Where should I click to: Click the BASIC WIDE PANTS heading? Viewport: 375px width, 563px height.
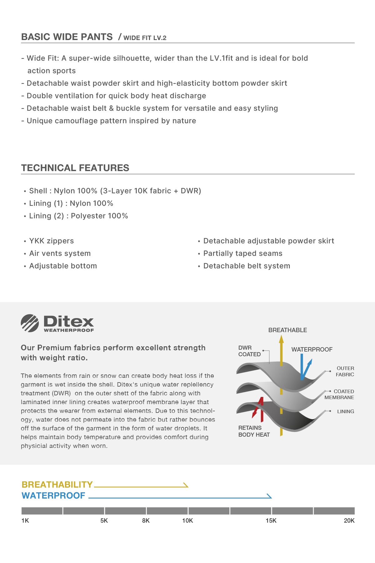[67, 37]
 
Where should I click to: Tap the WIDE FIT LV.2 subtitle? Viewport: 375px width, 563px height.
[145, 38]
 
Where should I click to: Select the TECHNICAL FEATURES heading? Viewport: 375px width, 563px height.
[75, 168]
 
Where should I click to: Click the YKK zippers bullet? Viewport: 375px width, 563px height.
[51, 241]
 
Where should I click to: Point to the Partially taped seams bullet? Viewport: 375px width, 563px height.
[242, 253]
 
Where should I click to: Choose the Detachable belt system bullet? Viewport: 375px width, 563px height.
[247, 266]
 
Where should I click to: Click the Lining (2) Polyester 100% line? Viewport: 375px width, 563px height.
[78, 216]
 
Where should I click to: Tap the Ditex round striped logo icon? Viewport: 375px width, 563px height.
[30, 323]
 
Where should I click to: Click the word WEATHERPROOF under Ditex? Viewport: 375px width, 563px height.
[69, 330]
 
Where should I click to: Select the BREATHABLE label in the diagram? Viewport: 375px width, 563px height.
[287, 330]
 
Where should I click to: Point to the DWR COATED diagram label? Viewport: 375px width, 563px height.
[249, 351]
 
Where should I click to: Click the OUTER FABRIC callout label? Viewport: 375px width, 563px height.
[345, 371]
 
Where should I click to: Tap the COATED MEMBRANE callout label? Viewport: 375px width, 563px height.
[339, 394]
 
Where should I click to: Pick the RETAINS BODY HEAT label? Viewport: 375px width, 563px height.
[254, 431]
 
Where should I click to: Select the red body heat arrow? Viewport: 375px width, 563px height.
[259, 408]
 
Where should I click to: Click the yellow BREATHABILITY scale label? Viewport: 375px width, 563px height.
[57, 484]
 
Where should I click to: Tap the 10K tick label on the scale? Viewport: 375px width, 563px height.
[187, 520]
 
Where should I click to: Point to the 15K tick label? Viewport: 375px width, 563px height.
[271, 520]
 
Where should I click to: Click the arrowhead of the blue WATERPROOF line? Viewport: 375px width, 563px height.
[269, 496]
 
